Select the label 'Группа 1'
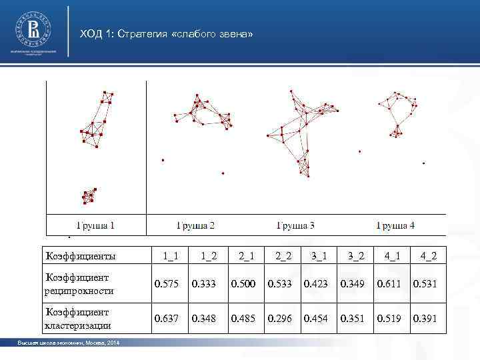pyautogui.click(x=93, y=225)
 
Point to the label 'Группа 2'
pyautogui.click(x=195, y=225)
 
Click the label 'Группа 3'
pyautogui.click(x=296, y=225)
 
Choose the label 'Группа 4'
pyautogui.click(x=396, y=225)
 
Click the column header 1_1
pyautogui.click(x=170, y=256)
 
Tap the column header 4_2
pyautogui.click(x=428, y=256)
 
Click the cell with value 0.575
pyautogui.click(x=167, y=285)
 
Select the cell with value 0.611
pyautogui.click(x=389, y=285)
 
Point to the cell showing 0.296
pyautogui.click(x=279, y=319)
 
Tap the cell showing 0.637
pyautogui.click(x=167, y=319)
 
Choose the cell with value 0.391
pyautogui.click(x=425, y=319)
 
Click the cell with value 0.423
pyautogui.click(x=316, y=285)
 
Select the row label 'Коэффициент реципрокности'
pyautogui.click(x=79, y=284)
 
